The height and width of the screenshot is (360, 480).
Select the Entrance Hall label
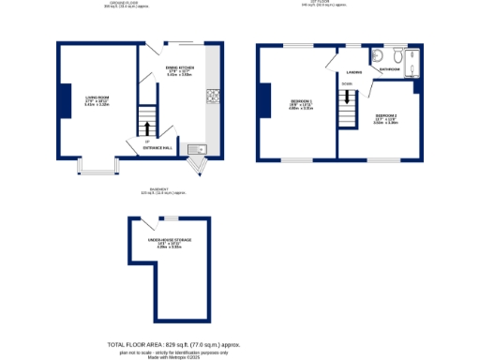click(156, 148)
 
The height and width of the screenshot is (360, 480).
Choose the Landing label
click(353, 71)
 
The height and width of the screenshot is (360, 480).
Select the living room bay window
click(97, 168)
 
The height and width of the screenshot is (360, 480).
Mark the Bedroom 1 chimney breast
click(263, 101)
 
